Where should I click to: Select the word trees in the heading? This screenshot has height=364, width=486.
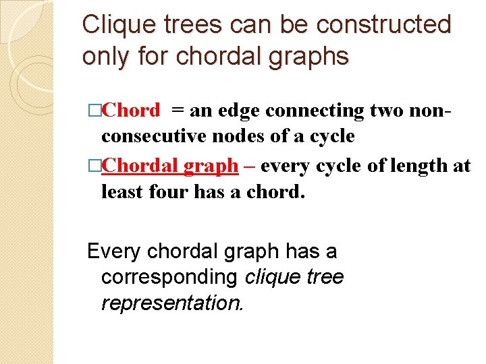195,26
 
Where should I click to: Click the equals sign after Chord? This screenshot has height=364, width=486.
180,110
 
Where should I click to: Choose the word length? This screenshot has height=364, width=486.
406,165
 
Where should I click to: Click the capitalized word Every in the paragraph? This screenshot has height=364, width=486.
113,251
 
